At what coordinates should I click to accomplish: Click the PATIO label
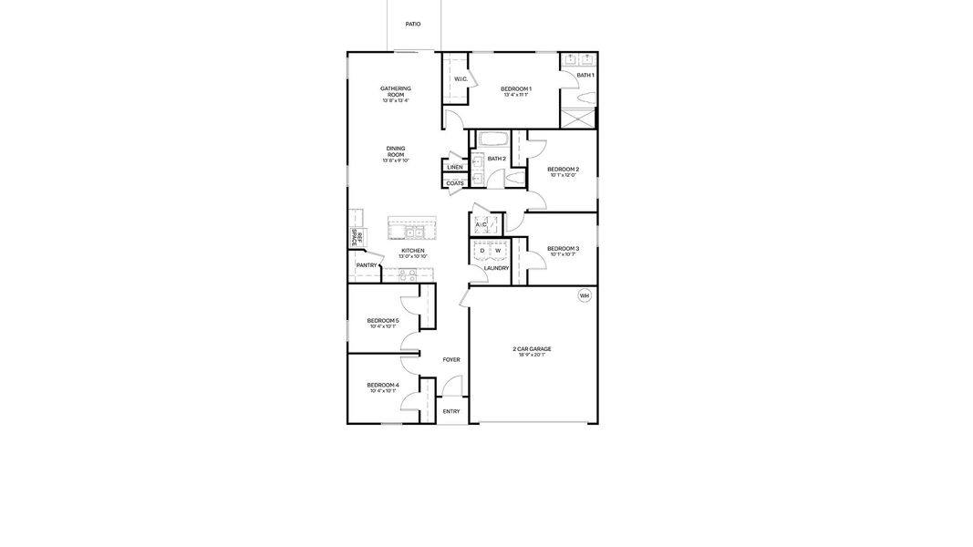[413, 24]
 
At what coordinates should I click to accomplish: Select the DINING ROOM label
[396, 151]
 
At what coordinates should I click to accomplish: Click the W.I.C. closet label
[461, 79]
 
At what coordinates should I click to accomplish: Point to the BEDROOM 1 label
[516, 88]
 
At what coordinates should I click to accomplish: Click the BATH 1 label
[585, 75]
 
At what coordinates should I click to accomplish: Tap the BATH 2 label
[496, 159]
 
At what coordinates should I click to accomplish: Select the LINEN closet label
[454, 168]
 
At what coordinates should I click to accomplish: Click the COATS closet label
[454, 183]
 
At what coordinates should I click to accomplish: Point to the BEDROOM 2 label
[563, 170]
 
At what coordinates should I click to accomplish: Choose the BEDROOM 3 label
[563, 249]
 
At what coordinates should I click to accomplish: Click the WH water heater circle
[585, 295]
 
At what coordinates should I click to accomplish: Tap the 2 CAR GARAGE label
[532, 349]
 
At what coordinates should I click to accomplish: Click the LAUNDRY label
[496, 268]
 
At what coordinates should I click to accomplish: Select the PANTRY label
[367, 265]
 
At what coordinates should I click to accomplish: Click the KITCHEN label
[413, 251]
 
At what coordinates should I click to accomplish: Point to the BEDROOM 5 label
[383, 321]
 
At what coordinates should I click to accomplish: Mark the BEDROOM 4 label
[383, 386]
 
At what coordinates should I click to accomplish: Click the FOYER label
[451, 360]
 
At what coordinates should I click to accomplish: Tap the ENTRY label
[451, 411]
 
